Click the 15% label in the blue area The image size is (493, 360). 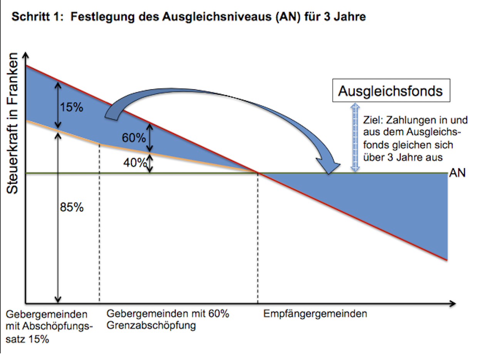(72, 107)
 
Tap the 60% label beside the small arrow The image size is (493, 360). (134, 137)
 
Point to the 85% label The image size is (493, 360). (72, 208)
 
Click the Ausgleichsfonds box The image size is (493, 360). (391, 91)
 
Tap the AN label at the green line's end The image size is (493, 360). (457, 173)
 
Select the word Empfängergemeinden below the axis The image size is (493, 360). (315, 314)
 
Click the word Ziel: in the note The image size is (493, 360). (372, 121)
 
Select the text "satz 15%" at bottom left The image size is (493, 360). (27, 340)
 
